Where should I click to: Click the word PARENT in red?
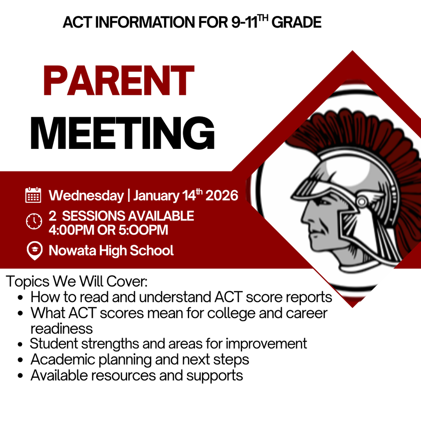[118, 81]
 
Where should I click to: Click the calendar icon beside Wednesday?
[33, 195]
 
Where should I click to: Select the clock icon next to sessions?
[34, 221]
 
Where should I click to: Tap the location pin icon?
[34, 250]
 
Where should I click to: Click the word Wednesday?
[86, 195]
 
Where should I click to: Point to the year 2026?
[222, 195]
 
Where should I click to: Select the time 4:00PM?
[71, 230]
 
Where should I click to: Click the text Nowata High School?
[111, 250]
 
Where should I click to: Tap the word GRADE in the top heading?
[296, 23]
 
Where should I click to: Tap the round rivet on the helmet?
[362, 201]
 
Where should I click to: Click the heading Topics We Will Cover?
[77, 282]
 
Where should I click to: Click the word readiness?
[62, 328]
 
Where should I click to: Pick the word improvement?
[266, 343]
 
